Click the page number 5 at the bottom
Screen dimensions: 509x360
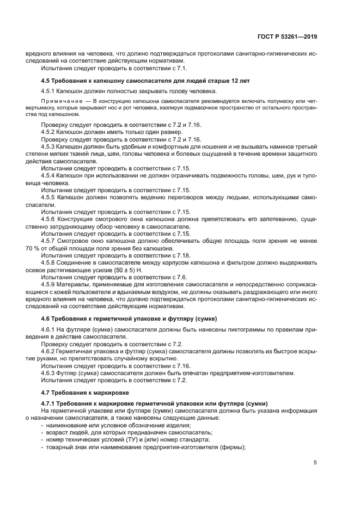point(315,462)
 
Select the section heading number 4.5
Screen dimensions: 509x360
point(46,81)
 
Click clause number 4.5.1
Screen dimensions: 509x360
point(49,91)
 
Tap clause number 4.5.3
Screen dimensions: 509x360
point(49,148)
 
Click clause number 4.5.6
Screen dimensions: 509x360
point(49,219)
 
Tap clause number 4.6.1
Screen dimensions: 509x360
point(49,329)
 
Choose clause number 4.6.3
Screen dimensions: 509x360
point(49,373)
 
